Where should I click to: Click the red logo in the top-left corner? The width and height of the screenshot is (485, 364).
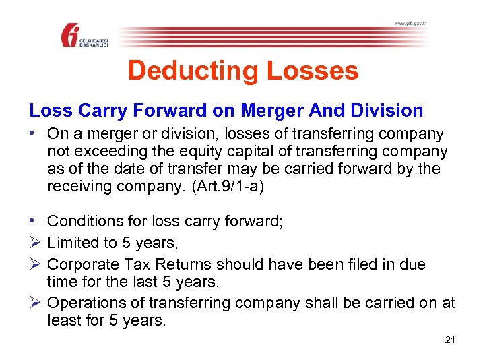[72, 34]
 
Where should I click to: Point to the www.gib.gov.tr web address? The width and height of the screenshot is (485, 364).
[410, 24]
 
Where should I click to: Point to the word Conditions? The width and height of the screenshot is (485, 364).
[84, 221]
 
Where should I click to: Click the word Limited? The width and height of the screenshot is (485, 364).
[71, 243]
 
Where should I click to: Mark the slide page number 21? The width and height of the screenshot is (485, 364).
[450, 340]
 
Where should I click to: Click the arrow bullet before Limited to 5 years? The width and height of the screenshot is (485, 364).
[34, 243]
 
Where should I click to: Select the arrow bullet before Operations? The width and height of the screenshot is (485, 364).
[34, 303]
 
